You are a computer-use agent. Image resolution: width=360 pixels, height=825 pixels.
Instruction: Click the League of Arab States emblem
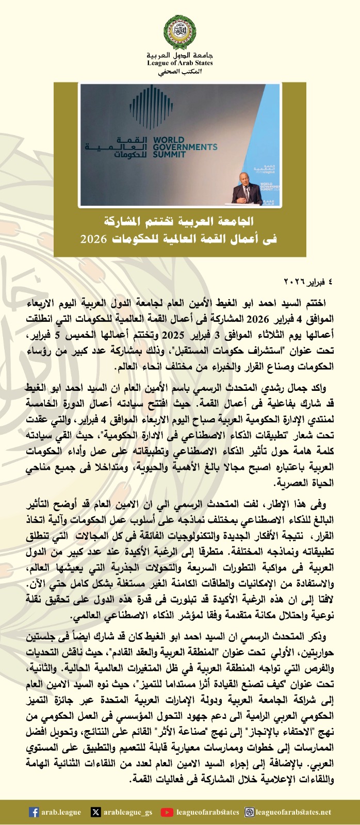pyautogui.click(x=179, y=31)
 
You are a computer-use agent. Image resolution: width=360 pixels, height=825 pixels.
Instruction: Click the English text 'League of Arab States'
pyautogui.click(x=179, y=63)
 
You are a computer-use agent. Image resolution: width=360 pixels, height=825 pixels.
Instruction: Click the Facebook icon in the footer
pyautogui.click(x=34, y=812)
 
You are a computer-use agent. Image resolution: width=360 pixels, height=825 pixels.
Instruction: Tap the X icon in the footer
pyautogui.click(x=95, y=812)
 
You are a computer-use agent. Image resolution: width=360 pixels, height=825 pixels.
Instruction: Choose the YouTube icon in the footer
pyautogui.click(x=167, y=812)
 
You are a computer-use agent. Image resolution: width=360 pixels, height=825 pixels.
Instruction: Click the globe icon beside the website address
pyautogui.click(x=249, y=812)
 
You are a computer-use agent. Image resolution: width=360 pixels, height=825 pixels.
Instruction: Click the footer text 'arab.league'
pyautogui.click(x=61, y=812)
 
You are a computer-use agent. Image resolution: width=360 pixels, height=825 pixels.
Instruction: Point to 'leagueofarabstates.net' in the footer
pyautogui.click(x=293, y=812)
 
